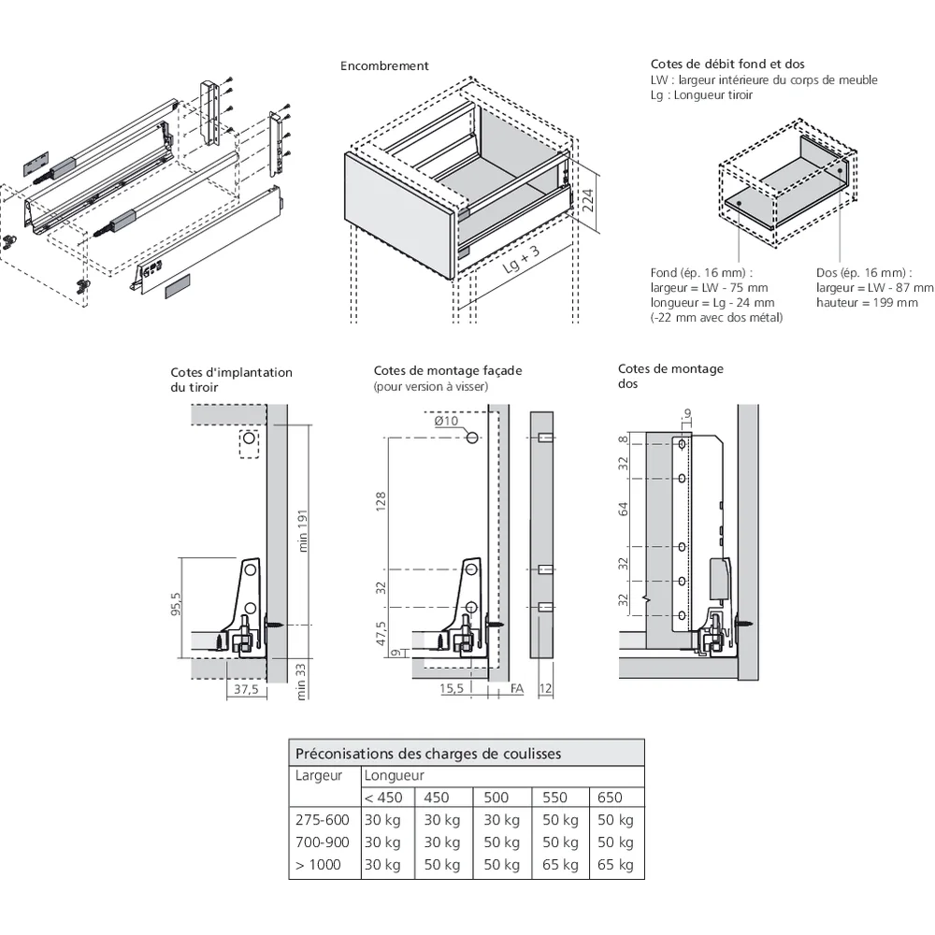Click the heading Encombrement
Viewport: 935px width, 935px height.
click(x=384, y=66)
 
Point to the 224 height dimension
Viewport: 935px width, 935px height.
click(x=588, y=201)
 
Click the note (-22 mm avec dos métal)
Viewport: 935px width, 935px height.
click(x=716, y=318)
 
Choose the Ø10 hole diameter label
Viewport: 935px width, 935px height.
click(x=447, y=421)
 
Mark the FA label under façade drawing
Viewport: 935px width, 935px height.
click(x=517, y=689)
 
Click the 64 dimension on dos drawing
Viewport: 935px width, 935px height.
click(x=624, y=509)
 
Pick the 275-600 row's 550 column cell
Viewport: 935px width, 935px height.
click(x=559, y=820)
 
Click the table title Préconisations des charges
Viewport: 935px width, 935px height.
click(x=428, y=754)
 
